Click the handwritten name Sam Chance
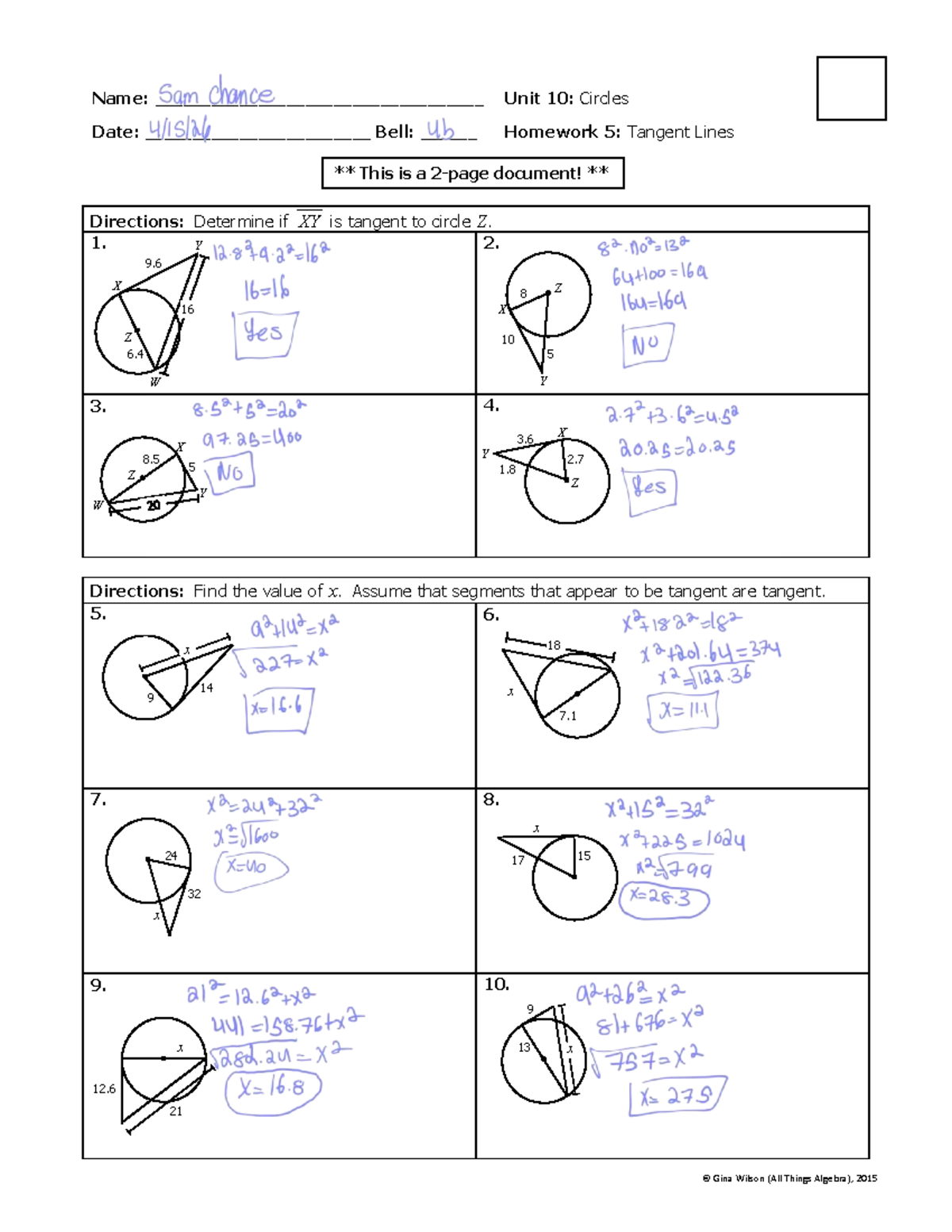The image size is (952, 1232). (x=216, y=94)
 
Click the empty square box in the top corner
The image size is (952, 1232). (x=851, y=88)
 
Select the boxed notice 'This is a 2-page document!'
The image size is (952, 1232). (x=472, y=173)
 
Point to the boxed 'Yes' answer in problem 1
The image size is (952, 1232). (x=264, y=333)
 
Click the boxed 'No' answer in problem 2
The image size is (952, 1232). (x=647, y=344)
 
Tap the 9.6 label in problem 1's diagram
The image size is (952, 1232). (x=153, y=263)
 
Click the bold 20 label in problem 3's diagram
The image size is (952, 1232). (x=153, y=505)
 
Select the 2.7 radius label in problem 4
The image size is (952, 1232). (x=575, y=459)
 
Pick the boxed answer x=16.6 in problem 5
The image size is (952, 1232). (x=278, y=708)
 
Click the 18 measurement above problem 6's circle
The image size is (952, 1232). (x=554, y=646)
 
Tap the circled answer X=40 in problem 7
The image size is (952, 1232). (x=249, y=866)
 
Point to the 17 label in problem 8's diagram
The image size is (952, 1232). (x=517, y=860)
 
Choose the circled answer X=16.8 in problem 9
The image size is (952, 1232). (x=272, y=1088)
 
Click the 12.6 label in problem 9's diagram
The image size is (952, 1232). (x=104, y=1089)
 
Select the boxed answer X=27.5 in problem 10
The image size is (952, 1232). (x=677, y=1096)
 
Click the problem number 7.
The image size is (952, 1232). (x=98, y=800)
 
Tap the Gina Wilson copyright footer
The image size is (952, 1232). (x=789, y=1179)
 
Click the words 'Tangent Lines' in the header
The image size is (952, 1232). (x=680, y=132)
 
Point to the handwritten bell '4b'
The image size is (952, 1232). (x=441, y=130)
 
